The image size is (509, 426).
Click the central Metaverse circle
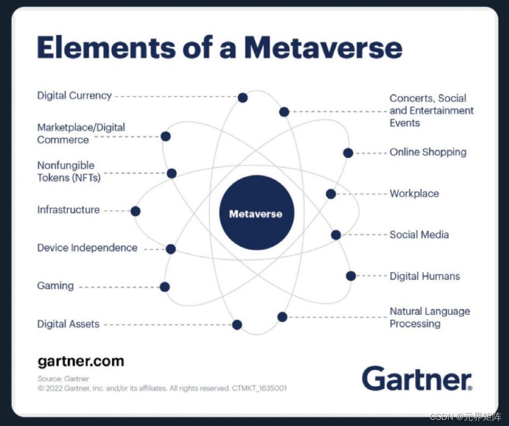point(257,213)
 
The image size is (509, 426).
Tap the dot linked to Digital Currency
point(243,98)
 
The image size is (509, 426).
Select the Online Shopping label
point(427,152)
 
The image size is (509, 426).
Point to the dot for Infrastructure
point(135,211)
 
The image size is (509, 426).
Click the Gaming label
point(55,286)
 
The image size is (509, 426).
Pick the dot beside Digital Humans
point(351,276)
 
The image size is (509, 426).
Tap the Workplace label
point(414,194)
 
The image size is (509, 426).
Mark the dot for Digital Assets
point(237,325)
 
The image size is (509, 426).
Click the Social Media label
point(419,235)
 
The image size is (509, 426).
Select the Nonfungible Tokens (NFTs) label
point(69,172)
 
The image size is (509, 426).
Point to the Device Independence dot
point(171,249)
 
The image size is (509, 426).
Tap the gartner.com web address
point(81,361)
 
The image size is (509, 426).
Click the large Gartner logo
point(417,378)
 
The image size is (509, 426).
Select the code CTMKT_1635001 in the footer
point(259,389)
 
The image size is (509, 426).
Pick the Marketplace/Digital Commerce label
point(81,133)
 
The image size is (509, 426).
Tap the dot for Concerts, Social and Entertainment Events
point(284,112)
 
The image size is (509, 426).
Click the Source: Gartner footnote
point(63,379)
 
